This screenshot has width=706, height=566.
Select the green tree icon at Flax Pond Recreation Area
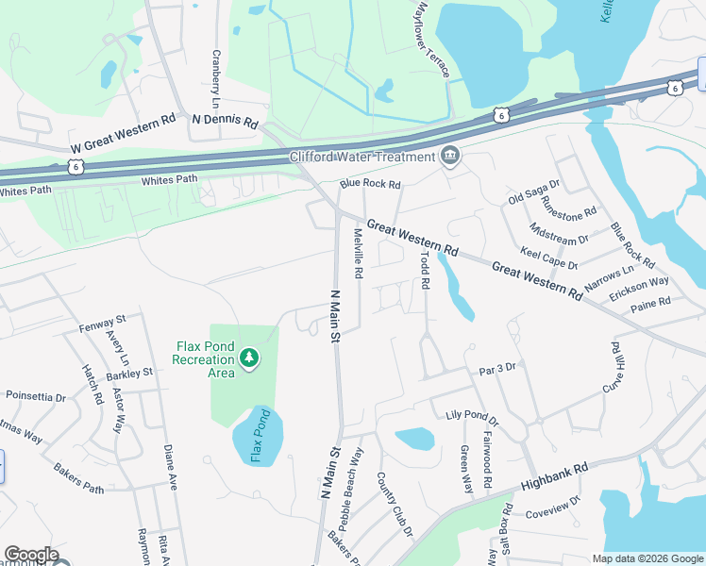(249, 358)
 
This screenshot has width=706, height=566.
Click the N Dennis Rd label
(225, 121)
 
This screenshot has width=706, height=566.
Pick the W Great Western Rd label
(124, 135)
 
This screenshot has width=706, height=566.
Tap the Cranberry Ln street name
(216, 78)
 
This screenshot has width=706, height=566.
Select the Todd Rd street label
(426, 269)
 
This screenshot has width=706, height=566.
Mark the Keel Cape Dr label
(549, 258)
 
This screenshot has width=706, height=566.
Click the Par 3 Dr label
(497, 369)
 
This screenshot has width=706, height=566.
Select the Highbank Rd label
(554, 476)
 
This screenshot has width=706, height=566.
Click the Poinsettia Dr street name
(36, 397)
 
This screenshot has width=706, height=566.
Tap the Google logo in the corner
(31, 554)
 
